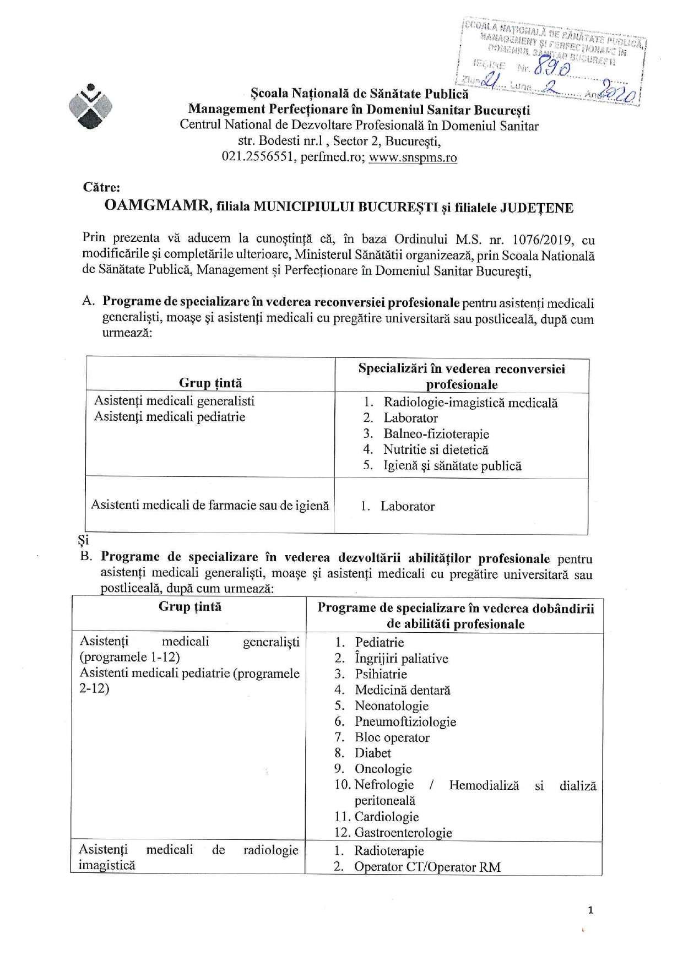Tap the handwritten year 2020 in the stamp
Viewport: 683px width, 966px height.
619,90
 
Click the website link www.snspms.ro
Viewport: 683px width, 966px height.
413,158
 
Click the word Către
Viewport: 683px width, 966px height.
98,187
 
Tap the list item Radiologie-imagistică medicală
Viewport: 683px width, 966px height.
470,403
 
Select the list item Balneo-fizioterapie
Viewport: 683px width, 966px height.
436,434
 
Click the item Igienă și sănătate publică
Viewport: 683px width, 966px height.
452,465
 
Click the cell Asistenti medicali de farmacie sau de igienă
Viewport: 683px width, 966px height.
209,504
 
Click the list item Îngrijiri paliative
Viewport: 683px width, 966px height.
401,659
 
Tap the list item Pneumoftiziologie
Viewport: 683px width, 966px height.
405,721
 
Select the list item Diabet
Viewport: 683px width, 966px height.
372,753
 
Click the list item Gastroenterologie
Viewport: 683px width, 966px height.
403,833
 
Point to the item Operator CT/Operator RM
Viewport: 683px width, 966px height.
427,867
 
